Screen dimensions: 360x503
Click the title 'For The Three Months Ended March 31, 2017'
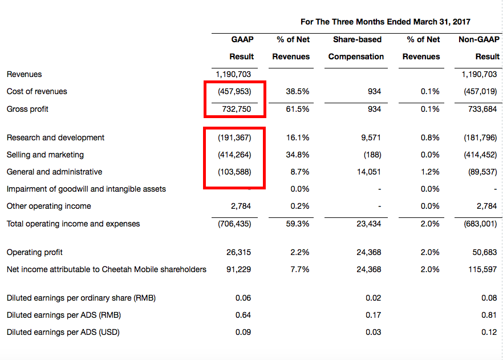click(x=386, y=22)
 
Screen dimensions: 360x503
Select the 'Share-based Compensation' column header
click(x=356, y=48)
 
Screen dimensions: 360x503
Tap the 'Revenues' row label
click(x=24, y=74)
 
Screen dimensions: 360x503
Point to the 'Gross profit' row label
click(x=27, y=109)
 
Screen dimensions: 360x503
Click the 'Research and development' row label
click(x=55, y=137)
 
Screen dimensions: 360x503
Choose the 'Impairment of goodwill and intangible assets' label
click(x=86, y=189)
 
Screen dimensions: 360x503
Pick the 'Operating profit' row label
click(x=34, y=252)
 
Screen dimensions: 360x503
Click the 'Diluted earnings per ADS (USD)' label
click(x=63, y=332)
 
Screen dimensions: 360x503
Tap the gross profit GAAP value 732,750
click(x=236, y=109)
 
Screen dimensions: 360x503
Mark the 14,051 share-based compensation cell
click(x=370, y=172)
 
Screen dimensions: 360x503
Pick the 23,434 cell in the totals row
click(x=369, y=224)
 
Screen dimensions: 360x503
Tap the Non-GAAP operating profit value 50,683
click(x=485, y=252)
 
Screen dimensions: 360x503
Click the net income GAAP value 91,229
click(x=238, y=269)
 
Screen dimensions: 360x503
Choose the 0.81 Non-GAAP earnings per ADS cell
click(x=489, y=315)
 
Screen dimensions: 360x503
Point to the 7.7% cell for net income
click(x=300, y=269)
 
